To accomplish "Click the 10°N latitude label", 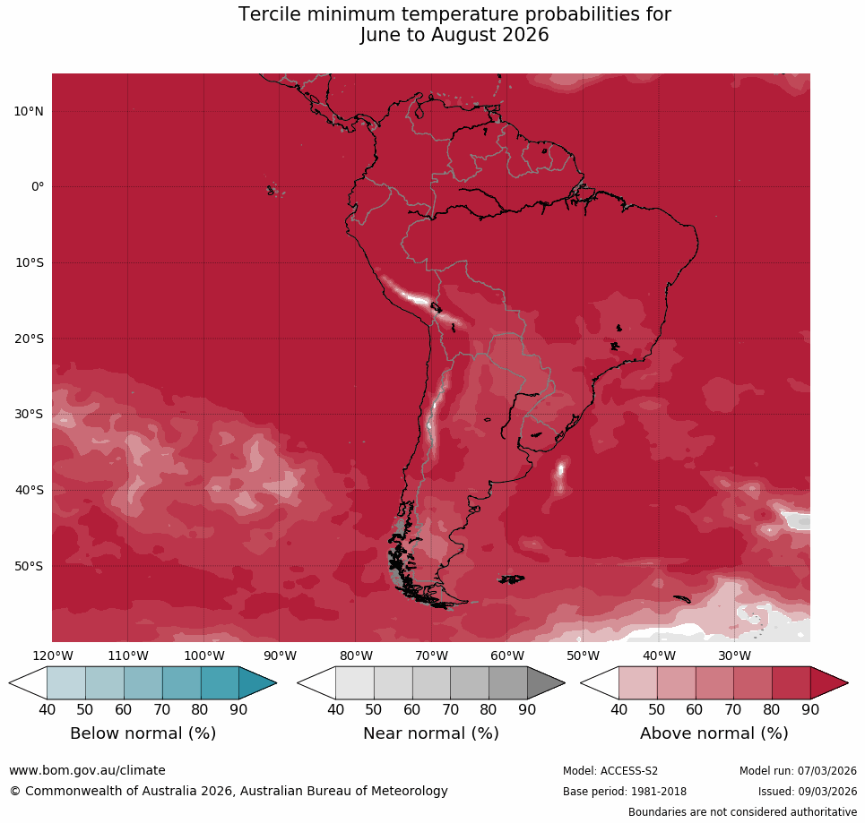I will [29, 111].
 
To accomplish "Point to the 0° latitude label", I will [38, 187].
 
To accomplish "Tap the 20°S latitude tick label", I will [29, 339].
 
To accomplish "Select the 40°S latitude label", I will [29, 490].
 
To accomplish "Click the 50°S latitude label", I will [29, 566].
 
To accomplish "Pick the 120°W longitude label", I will [52, 656].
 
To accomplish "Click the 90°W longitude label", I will [280, 656].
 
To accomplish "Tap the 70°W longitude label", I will [431, 656].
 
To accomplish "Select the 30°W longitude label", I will [734, 656].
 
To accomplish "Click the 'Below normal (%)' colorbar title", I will [143, 733].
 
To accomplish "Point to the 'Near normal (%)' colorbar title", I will [430, 733].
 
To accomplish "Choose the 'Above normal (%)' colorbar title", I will [714, 733].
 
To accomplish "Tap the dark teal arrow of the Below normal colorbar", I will [255, 683].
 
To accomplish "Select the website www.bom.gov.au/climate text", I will [87, 770].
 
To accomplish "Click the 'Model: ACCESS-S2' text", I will [610, 771].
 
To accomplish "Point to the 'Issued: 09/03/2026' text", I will [807, 792].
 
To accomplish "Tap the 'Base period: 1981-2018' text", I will [625, 792].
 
